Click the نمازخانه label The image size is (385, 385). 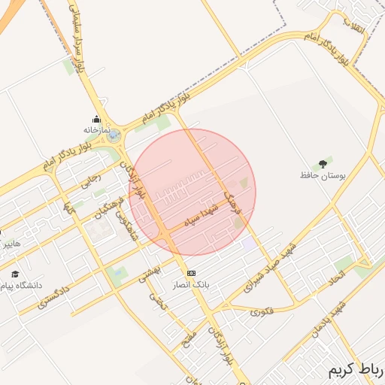pos(96,129)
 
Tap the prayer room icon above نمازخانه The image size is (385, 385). pos(96,119)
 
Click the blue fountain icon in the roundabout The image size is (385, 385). pos(112,136)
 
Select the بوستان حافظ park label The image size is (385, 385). pos(323,174)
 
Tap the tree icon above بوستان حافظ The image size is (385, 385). pos(323,162)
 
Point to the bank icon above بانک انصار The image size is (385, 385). pos(191,272)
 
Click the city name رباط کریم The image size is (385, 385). pos(355,371)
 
